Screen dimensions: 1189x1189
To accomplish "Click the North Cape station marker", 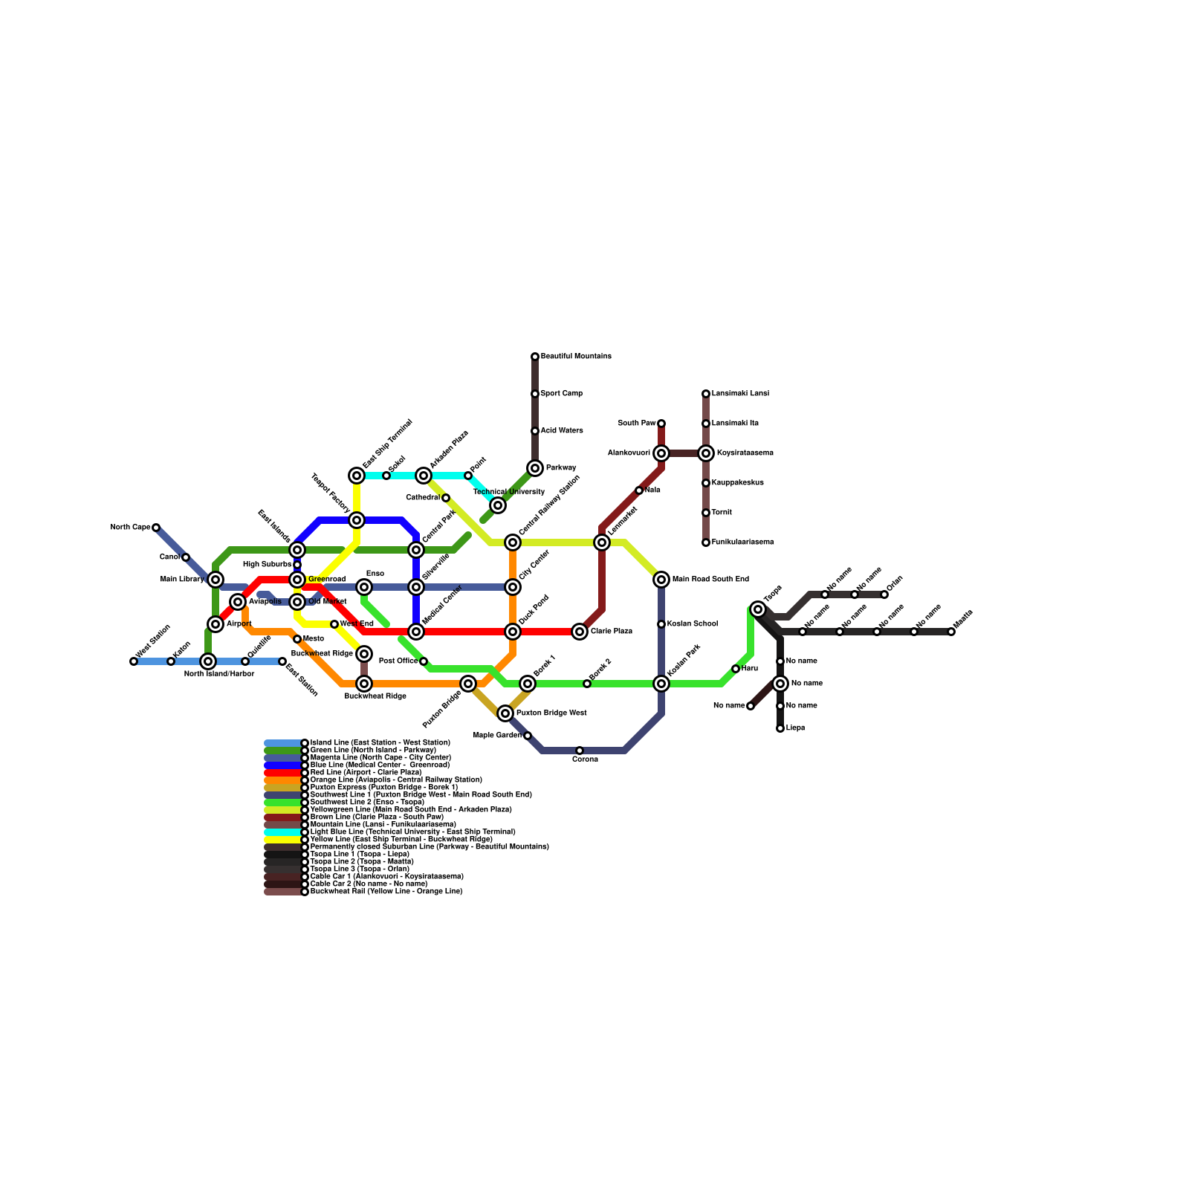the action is (x=156, y=528).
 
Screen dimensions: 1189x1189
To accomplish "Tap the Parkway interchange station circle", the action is (x=535, y=468).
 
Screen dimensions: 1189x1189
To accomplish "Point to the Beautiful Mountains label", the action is (x=576, y=357).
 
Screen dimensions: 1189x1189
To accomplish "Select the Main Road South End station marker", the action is (x=661, y=580).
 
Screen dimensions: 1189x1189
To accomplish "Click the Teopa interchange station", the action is (x=758, y=609).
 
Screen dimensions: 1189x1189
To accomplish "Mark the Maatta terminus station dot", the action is (x=951, y=632).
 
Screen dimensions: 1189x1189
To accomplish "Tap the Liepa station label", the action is (x=795, y=728).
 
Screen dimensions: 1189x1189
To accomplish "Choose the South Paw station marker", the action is (x=661, y=424).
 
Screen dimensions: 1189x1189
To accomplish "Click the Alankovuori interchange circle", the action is (x=661, y=453).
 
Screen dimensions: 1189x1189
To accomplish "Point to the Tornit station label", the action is (x=722, y=513).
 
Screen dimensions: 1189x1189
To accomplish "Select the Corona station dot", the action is (x=580, y=751).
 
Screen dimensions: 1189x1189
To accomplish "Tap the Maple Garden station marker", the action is (x=528, y=736).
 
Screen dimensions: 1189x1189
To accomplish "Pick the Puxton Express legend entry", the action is (x=383, y=788).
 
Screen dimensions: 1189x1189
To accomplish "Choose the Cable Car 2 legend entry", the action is (x=369, y=884).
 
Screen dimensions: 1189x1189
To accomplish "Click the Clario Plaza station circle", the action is (x=580, y=632).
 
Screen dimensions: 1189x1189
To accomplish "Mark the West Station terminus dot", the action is (x=134, y=661).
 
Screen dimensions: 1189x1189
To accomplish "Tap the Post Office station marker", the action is (x=424, y=661).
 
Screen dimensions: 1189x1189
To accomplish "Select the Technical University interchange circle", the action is (x=498, y=505).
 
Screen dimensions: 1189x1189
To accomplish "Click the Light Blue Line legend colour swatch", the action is (x=283, y=832).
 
